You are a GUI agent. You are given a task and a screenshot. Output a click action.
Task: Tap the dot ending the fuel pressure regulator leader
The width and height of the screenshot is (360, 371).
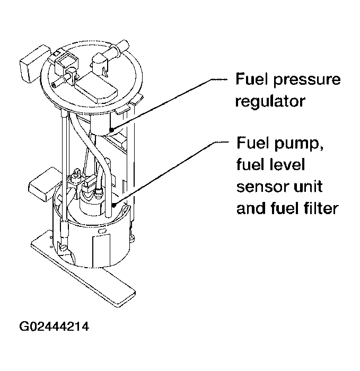coord(111,128)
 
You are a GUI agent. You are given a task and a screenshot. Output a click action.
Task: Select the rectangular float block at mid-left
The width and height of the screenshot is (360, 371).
coord(45,183)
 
